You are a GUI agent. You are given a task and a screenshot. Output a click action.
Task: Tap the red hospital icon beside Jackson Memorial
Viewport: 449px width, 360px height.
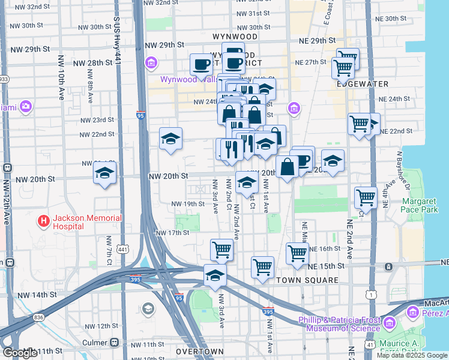[44, 221]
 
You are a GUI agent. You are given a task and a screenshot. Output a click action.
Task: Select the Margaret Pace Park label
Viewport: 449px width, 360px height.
[421, 205]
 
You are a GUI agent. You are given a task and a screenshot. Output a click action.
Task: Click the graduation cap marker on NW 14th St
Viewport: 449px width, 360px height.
[215, 275]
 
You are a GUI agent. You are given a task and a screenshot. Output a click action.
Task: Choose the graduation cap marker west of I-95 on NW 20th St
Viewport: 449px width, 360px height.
[105, 174]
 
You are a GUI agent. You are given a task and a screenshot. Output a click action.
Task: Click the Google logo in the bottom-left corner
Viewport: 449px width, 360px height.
[20, 353]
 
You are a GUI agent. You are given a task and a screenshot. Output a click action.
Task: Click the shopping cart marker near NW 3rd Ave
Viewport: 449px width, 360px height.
[221, 249]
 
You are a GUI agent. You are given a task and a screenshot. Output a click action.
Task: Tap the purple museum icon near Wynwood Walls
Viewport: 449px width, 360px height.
[151, 62]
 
